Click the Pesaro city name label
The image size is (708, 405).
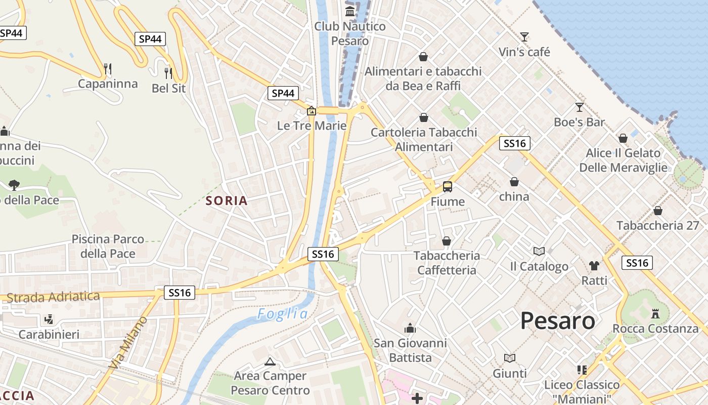[557, 320]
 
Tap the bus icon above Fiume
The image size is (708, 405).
[448, 186]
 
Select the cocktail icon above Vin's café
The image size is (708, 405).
[524, 36]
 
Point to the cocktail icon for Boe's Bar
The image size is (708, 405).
[580, 107]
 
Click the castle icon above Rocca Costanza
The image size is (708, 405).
[655, 313]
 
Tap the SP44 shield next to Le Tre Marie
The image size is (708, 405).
[283, 93]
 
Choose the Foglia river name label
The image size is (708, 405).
[282, 314]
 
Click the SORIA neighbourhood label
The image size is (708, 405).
[227, 200]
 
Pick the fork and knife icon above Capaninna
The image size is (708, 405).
[107, 68]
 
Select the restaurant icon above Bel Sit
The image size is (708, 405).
[168, 73]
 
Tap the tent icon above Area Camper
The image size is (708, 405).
[270, 361]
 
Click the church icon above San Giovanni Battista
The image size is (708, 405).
[410, 328]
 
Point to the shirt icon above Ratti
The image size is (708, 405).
[594, 265]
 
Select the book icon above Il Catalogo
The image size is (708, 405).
[539, 251]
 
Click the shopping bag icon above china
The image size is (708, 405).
[514, 182]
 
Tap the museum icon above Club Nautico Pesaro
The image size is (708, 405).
[350, 11]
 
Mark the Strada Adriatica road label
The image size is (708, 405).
[53, 297]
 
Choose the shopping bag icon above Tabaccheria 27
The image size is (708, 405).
[658, 210]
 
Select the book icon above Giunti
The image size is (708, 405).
[510, 358]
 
